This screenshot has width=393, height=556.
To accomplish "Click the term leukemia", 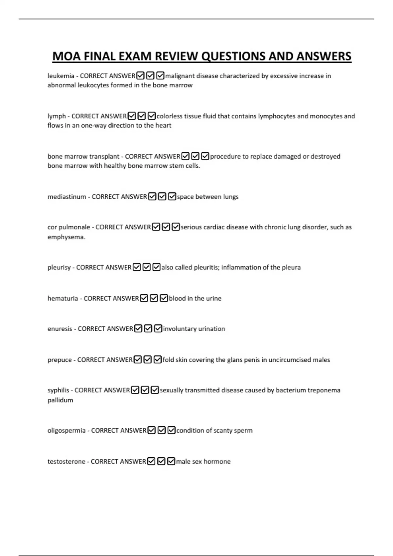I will click(x=61, y=76).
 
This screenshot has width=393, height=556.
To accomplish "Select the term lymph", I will click(x=57, y=116).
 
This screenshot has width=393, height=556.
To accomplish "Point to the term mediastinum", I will click(x=67, y=197).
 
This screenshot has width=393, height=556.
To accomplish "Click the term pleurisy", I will click(x=59, y=268).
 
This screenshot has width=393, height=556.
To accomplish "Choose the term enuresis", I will click(x=60, y=329).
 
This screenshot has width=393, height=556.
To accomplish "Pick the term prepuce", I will click(x=60, y=360).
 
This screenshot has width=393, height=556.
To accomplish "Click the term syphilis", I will click(x=58, y=390).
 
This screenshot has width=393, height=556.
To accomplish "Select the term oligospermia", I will click(x=66, y=430).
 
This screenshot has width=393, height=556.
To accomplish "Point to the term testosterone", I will click(x=66, y=461).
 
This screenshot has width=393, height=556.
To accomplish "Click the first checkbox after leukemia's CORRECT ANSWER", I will click(x=140, y=76).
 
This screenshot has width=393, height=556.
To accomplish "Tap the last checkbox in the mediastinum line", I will click(x=172, y=197).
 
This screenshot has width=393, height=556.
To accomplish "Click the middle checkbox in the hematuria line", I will click(x=154, y=298).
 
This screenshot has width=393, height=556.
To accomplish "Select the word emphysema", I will click(x=66, y=237).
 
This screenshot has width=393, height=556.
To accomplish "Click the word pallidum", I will click(x=60, y=400).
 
